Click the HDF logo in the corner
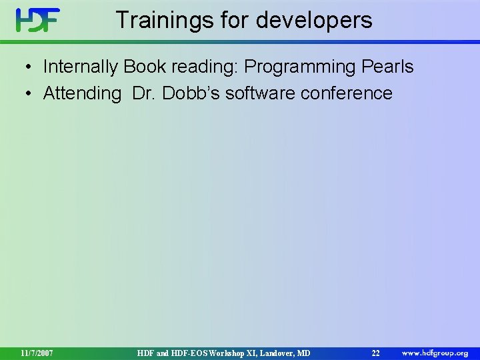(38, 20)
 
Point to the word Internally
(80, 67)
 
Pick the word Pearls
(388, 67)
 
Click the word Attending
(82, 94)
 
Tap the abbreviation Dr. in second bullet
(143, 93)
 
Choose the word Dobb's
(189, 93)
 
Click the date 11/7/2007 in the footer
(37, 353)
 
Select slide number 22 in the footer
(375, 353)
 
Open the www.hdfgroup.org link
(434, 352)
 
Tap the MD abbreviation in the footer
(303, 353)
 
